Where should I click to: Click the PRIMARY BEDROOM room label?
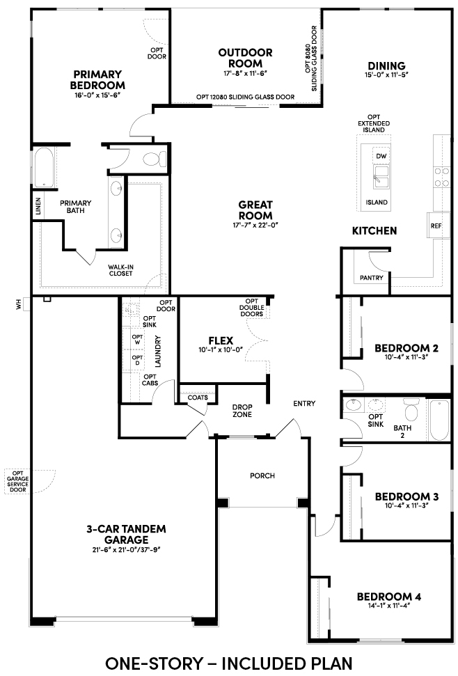click(97, 80)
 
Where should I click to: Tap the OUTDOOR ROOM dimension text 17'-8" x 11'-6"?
click(246, 73)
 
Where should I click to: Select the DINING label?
click(386, 65)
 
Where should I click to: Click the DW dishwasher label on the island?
click(381, 156)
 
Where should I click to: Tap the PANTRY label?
click(372, 278)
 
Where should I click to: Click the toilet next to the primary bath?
click(154, 159)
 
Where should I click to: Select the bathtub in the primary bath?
click(44, 167)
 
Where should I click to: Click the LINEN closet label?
click(38, 207)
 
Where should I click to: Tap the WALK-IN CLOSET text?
click(120, 270)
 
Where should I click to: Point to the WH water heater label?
click(18, 305)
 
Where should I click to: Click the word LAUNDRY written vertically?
click(157, 351)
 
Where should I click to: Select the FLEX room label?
click(221, 340)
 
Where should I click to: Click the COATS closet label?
click(198, 397)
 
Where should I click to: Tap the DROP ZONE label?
click(242, 411)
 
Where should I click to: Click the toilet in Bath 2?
click(411, 410)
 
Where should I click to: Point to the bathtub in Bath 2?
click(439, 420)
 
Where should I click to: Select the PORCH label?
click(262, 475)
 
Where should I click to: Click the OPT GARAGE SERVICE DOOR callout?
click(18, 481)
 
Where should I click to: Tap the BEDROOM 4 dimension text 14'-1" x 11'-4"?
click(389, 605)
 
